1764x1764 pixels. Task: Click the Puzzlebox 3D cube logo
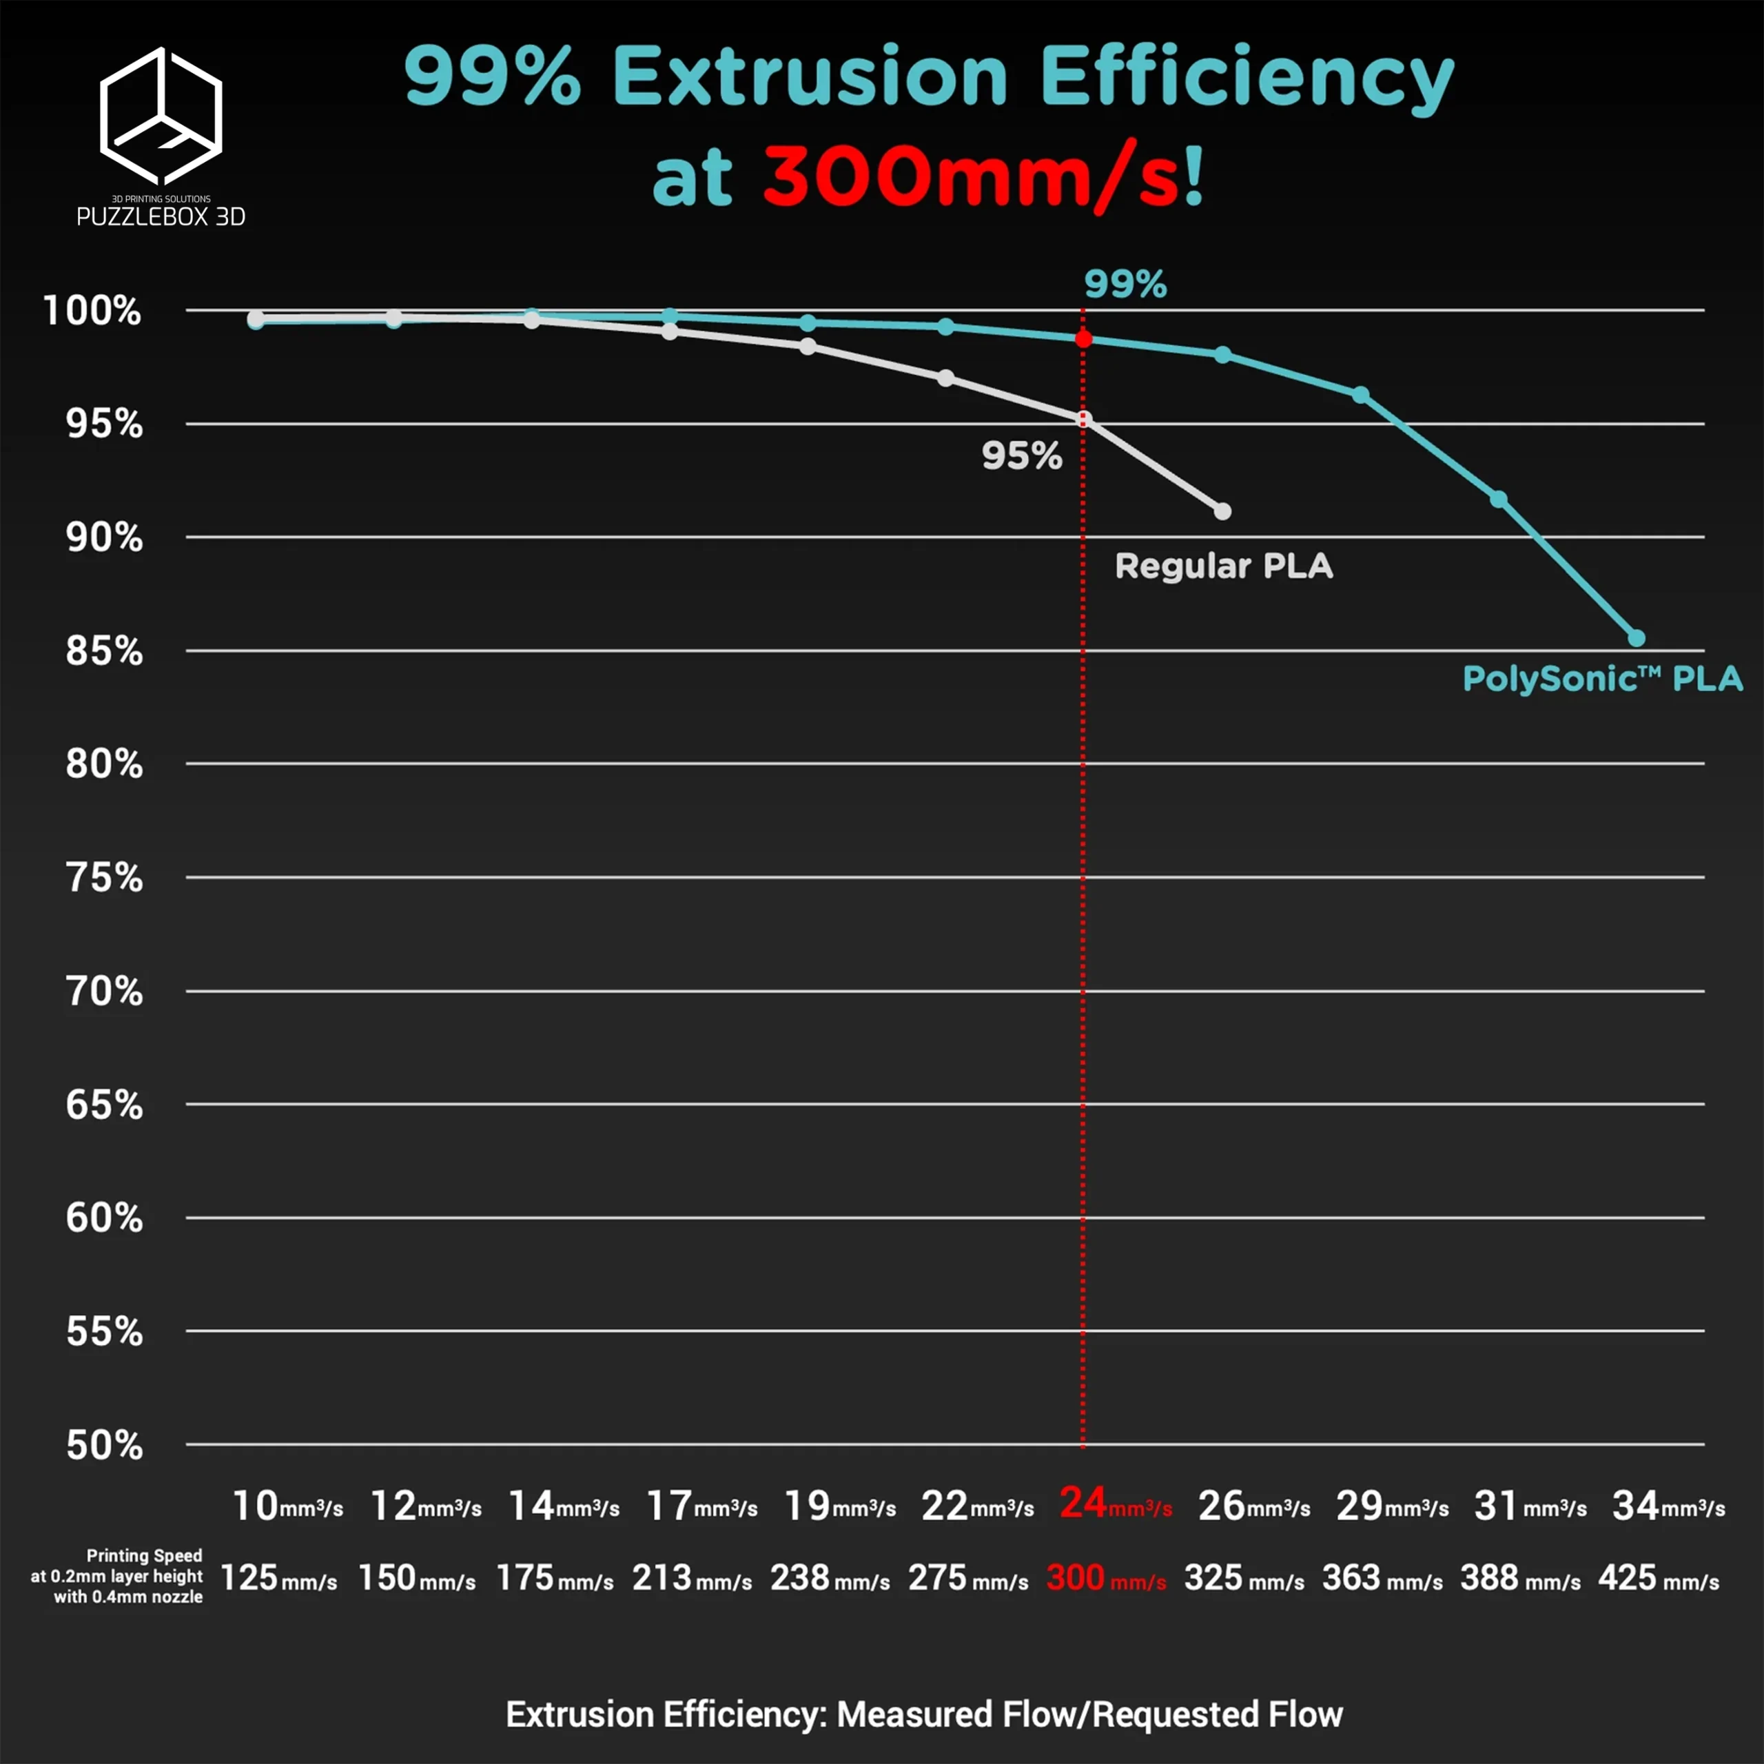pyautogui.click(x=161, y=116)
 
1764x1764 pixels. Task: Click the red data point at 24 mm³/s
pyautogui.click(x=1083, y=339)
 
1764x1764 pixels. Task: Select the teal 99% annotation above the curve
pyautogui.click(x=1125, y=284)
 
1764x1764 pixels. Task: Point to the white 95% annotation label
pyautogui.click(x=1022, y=455)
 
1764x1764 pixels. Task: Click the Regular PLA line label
pyautogui.click(x=1224, y=566)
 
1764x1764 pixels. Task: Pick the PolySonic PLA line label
pyautogui.click(x=1602, y=679)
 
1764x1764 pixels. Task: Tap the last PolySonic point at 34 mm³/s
pyautogui.click(x=1636, y=637)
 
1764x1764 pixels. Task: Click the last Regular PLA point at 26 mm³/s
pyautogui.click(x=1222, y=511)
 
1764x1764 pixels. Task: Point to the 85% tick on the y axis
pyautogui.click(x=104, y=651)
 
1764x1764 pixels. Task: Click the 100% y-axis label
pyautogui.click(x=92, y=311)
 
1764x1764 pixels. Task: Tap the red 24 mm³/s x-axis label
pyautogui.click(x=1115, y=1504)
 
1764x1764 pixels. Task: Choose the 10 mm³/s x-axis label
pyautogui.click(x=287, y=1506)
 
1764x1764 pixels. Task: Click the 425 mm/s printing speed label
pyautogui.click(x=1658, y=1578)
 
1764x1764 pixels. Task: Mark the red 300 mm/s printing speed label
pyautogui.click(x=1106, y=1578)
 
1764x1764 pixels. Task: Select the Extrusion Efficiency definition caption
pyautogui.click(x=924, y=1714)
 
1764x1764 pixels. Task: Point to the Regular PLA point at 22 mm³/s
pyautogui.click(x=946, y=378)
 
